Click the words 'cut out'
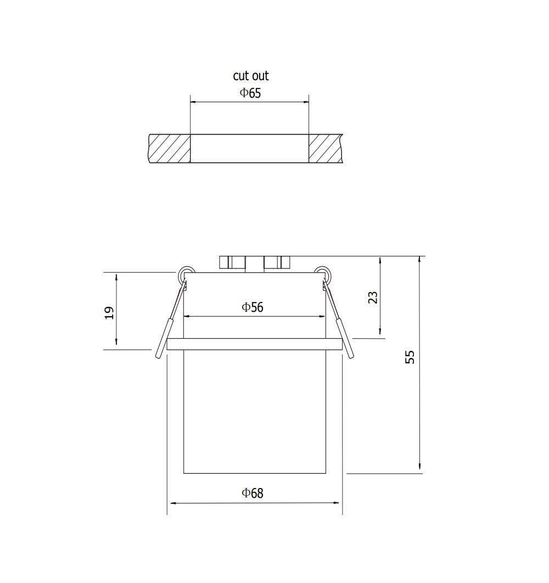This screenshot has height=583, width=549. (251, 75)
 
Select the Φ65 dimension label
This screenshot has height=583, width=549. (251, 93)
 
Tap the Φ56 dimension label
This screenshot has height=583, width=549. (253, 307)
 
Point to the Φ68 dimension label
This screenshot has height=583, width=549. (253, 493)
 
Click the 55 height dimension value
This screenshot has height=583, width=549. (410, 357)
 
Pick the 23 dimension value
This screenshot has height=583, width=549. (373, 298)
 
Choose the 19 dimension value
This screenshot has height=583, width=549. (109, 313)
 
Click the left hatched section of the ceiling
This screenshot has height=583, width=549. (170, 148)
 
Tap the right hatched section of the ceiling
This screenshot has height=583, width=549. (325, 148)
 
